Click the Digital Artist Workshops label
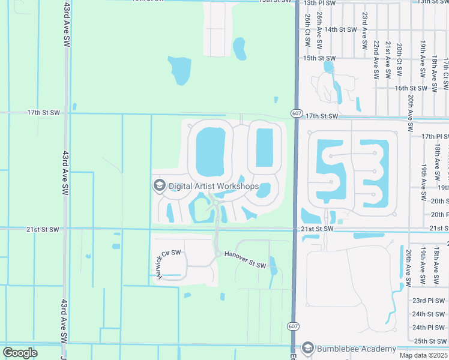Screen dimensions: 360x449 (214, 186)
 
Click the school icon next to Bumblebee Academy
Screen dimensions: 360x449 (309, 349)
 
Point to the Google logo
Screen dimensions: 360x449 (20, 353)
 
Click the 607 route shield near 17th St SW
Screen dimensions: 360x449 (297, 113)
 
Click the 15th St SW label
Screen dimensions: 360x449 (319, 58)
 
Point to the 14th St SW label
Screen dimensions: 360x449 (340, 29)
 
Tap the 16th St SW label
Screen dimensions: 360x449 (411, 88)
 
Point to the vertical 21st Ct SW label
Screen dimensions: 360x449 (388, 61)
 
